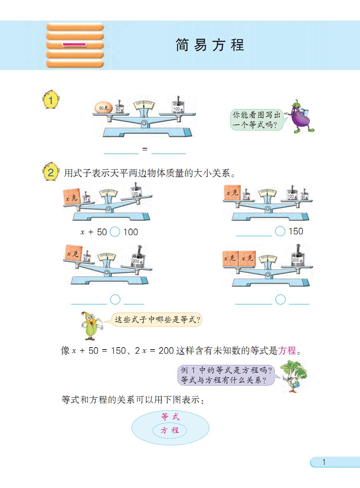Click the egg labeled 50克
click(x=103, y=107)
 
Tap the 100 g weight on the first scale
click(x=178, y=106)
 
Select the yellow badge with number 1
click(x=50, y=100)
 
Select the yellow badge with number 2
click(x=50, y=172)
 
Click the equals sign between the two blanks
click(x=145, y=149)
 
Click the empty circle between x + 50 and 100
click(x=115, y=232)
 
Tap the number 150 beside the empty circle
click(x=296, y=231)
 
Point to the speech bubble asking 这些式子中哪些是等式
click(x=157, y=320)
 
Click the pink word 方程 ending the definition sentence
click(x=287, y=351)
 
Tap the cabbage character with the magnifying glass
click(x=293, y=376)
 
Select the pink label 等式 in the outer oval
click(x=171, y=417)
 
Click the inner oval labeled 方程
click(x=170, y=430)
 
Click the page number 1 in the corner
click(x=324, y=462)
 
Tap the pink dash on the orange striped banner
click(x=75, y=44)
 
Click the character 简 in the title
click(x=182, y=45)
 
